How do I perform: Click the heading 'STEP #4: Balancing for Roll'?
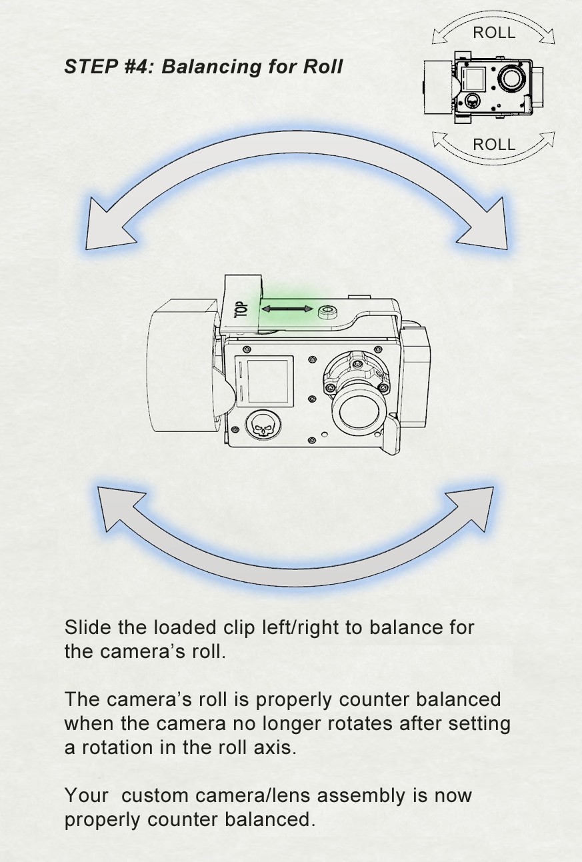[203, 67]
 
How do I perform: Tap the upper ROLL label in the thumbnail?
[494, 33]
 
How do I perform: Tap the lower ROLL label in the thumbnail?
[494, 145]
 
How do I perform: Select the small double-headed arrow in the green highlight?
[287, 309]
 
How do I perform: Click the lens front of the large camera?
[358, 414]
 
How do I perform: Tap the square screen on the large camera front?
[267, 380]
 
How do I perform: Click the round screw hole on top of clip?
[327, 312]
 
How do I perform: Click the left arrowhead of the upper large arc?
[108, 227]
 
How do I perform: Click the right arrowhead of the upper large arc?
[486, 227]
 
